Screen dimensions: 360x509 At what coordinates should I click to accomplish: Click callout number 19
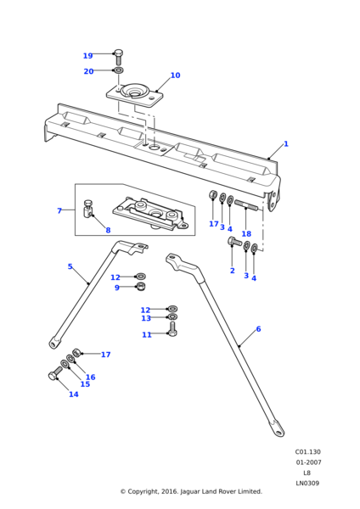click(87, 56)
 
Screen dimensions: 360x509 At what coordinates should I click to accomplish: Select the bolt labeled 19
click(118, 58)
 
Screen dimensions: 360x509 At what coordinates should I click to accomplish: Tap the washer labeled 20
click(118, 70)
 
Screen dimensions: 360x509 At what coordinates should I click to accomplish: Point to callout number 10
click(175, 76)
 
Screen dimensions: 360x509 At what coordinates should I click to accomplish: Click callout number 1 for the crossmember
click(286, 144)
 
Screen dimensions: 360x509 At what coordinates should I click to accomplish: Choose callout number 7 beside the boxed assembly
click(59, 211)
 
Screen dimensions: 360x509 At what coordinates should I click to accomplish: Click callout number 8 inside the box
click(108, 230)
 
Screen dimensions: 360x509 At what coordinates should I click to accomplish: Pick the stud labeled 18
click(246, 205)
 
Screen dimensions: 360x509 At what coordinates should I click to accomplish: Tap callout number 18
click(246, 234)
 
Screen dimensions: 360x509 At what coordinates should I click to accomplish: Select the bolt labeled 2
click(234, 242)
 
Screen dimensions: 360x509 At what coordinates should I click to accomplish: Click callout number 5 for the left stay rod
click(70, 266)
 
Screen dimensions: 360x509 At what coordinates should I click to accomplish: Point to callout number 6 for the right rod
click(258, 329)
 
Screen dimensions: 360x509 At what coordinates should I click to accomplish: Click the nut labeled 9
click(141, 287)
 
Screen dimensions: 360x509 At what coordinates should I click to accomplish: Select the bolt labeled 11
click(172, 329)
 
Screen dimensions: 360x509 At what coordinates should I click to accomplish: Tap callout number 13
click(146, 318)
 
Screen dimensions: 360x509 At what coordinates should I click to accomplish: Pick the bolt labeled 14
click(55, 373)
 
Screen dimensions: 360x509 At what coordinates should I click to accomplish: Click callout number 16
click(90, 378)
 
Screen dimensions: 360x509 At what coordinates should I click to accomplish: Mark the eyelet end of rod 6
click(277, 429)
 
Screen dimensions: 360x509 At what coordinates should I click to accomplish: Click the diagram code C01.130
click(307, 452)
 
